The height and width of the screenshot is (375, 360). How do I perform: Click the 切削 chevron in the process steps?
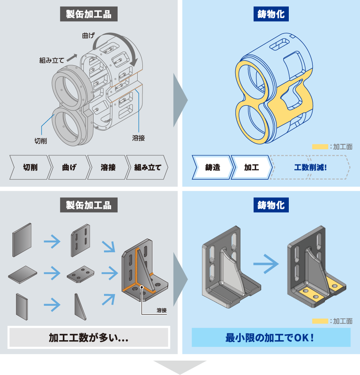[x=30, y=167]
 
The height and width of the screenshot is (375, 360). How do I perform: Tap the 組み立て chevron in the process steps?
[x=148, y=167]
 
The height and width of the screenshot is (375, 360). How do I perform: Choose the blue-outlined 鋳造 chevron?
[x=212, y=167]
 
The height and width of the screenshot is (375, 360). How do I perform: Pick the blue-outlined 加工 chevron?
[x=252, y=167]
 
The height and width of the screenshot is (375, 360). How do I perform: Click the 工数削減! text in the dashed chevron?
[x=310, y=167]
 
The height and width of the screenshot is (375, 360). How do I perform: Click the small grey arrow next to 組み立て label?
[x=72, y=58]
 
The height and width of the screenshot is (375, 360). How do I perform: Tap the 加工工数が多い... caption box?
[x=89, y=337]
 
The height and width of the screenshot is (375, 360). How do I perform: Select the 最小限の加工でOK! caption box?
[x=271, y=337]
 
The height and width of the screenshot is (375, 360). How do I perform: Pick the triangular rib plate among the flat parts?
[x=80, y=307]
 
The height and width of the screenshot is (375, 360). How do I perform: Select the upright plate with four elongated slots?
[x=80, y=240]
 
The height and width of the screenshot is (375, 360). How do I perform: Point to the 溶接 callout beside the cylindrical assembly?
[x=138, y=138]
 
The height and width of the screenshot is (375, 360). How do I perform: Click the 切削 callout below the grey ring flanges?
[x=40, y=140]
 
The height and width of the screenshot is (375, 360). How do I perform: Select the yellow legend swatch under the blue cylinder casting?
[x=320, y=147]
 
